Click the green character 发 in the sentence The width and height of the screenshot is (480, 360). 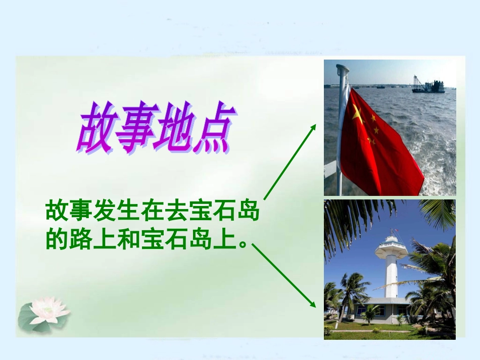tap(104, 211)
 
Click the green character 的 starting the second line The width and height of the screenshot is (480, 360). tap(56, 239)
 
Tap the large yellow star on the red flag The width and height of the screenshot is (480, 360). tap(357, 115)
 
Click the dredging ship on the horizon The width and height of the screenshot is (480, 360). tap(427, 86)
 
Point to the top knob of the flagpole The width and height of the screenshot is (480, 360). tap(343, 68)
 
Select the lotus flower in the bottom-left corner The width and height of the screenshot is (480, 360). tap(48, 309)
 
